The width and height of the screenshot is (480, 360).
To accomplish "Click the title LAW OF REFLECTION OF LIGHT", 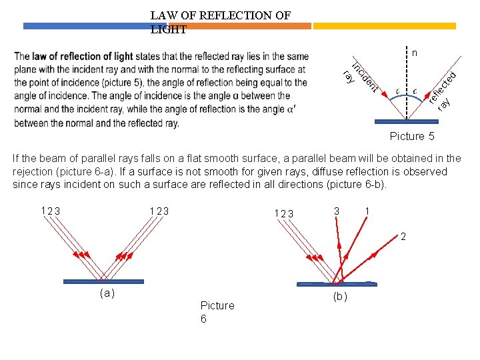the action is [220, 22].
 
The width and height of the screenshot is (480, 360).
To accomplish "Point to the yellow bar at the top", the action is [384, 27].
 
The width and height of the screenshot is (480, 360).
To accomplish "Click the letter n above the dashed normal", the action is [414, 52].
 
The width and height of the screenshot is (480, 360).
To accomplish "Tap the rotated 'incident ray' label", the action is [361, 77].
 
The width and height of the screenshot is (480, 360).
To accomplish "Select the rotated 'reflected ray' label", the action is [442, 89].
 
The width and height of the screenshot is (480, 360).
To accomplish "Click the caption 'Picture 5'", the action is [411, 136].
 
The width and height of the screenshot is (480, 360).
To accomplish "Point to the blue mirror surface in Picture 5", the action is [407, 122].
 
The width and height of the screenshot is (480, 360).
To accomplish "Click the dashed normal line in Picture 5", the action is [407, 80].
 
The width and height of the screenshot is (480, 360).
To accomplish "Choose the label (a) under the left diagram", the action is [106, 293].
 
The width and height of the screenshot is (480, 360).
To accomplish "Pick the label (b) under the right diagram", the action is [339, 296].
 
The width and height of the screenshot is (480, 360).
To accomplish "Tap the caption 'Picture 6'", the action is [217, 312].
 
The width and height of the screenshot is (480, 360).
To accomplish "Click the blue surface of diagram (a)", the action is [104, 281].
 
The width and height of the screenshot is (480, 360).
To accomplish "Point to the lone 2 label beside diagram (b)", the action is [403, 237].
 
